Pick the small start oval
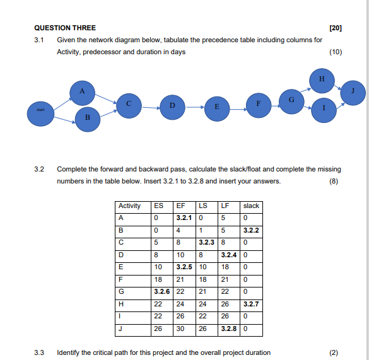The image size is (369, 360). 39,111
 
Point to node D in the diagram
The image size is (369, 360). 172,105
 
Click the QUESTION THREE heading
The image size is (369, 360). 65,28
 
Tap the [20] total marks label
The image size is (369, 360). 336,28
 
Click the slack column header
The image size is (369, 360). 250,206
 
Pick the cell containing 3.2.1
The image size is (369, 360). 184,218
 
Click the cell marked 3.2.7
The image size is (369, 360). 250,304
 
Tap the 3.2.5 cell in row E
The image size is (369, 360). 184,267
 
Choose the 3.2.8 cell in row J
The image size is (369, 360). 228,328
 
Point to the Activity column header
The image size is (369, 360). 131,206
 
